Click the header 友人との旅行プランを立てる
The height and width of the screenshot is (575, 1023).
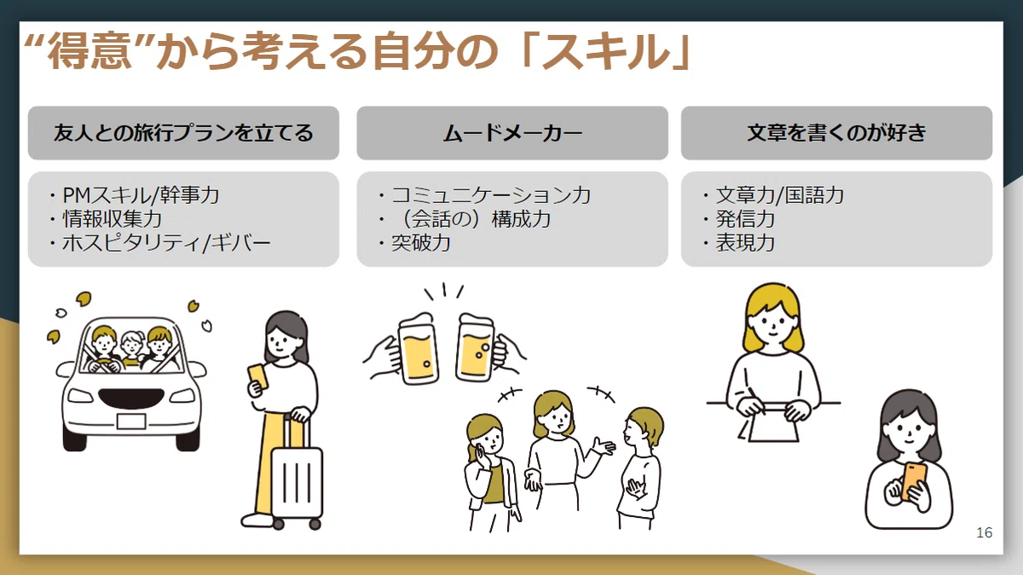pos(183,133)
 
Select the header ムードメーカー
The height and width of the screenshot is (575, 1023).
pos(512,133)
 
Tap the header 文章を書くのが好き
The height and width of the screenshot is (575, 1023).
pos(836,133)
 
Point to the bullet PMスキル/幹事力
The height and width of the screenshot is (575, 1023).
pos(141,195)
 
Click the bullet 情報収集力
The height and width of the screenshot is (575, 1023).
pos(113,219)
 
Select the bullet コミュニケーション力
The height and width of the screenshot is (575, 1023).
pos(491,195)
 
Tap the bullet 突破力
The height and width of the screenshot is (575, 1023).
pos(421,242)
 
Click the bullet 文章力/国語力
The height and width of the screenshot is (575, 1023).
pos(779,195)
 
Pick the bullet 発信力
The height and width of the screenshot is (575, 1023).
pos(745,219)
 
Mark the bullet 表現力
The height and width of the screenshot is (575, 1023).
pos(745,242)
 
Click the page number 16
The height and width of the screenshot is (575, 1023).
pos(984,532)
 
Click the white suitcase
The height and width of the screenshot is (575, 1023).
pos(297,482)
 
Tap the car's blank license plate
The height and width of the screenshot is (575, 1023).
pos(131,421)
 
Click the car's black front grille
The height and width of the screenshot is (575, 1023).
pos(131,398)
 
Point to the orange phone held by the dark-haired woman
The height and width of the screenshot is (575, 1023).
pos(914,481)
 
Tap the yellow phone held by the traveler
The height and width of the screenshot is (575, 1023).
pos(258,376)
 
